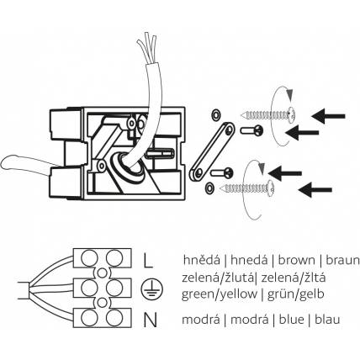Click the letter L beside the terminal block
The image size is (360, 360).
coord(147,260)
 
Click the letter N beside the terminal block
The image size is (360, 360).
coord(150,320)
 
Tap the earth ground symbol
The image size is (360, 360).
coord(151,289)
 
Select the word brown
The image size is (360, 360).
coord(296,260)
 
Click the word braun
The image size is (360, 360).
coord(342,260)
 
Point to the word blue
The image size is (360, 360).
coord(292,320)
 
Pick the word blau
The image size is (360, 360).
coord(327,320)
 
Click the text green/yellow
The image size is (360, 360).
coord(220,294)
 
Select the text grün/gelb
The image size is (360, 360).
coord(296,294)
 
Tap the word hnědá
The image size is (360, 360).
coord(202,260)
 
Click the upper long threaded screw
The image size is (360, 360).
coord(268,114)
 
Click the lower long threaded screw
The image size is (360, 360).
coord(247,187)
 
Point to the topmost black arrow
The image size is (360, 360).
coord(328,116)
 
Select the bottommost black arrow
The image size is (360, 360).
coord(315,190)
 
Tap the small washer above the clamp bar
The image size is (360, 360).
coord(216,114)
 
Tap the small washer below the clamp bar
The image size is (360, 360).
coord(209,188)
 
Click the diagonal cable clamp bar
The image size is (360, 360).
coord(212,151)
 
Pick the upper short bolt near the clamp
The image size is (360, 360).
coord(251,130)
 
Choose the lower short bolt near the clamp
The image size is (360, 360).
coord(221,172)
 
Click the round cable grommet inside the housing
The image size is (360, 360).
coord(128,167)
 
